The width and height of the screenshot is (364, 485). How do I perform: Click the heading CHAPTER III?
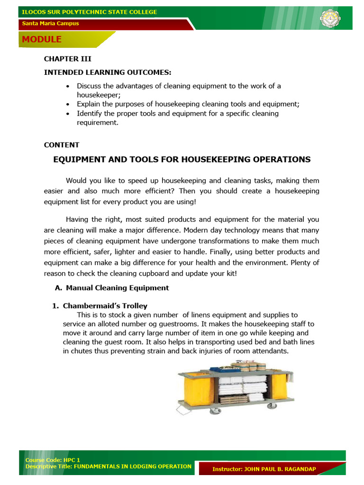tap(67, 59)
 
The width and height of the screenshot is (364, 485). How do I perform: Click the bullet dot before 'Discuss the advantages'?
tap(68, 86)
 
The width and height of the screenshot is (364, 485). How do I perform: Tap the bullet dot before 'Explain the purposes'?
tap(68, 104)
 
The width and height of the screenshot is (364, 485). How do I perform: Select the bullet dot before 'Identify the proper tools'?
tap(68, 114)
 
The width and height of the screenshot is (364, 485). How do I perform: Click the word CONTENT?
tap(62, 145)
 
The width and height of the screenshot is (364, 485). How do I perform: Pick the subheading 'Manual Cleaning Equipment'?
tap(117, 287)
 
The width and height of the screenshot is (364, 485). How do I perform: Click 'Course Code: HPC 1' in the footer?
tap(53, 460)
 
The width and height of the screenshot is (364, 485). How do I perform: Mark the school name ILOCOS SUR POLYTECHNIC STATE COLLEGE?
tap(90, 12)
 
